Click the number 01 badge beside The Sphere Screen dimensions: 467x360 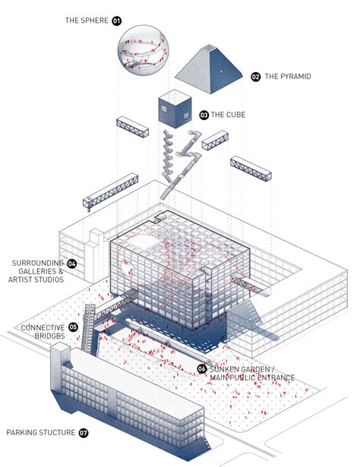coord(117,21)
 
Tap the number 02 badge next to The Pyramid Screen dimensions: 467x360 coord(255,77)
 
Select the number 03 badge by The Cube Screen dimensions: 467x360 coord(204,115)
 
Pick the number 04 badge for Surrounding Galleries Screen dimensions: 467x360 coord(71,264)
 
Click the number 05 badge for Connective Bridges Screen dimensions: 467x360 coord(74,327)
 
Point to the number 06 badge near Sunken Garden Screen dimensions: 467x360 coord(202,368)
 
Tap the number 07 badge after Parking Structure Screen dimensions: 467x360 coord(84,433)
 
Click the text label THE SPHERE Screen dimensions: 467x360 coord(87,21)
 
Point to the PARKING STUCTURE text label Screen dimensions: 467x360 coord(40,433)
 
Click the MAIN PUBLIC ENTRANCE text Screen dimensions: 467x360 coord(251,377)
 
